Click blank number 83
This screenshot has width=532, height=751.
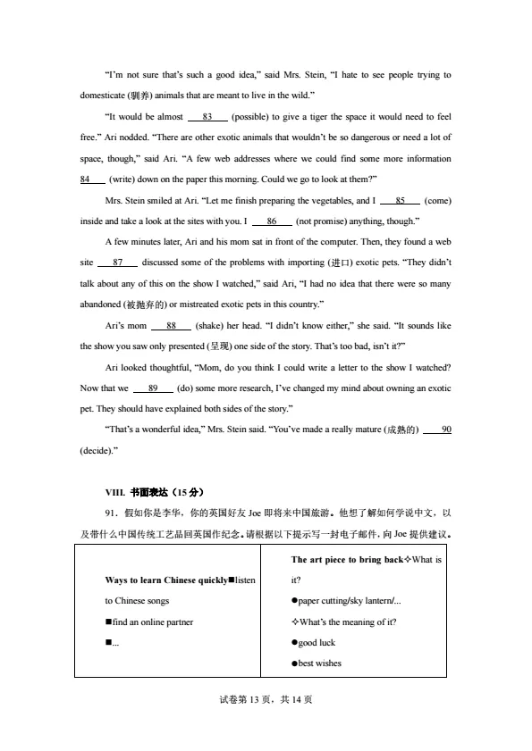207,117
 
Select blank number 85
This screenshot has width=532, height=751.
401,199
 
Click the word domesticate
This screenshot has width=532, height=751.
105,96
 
